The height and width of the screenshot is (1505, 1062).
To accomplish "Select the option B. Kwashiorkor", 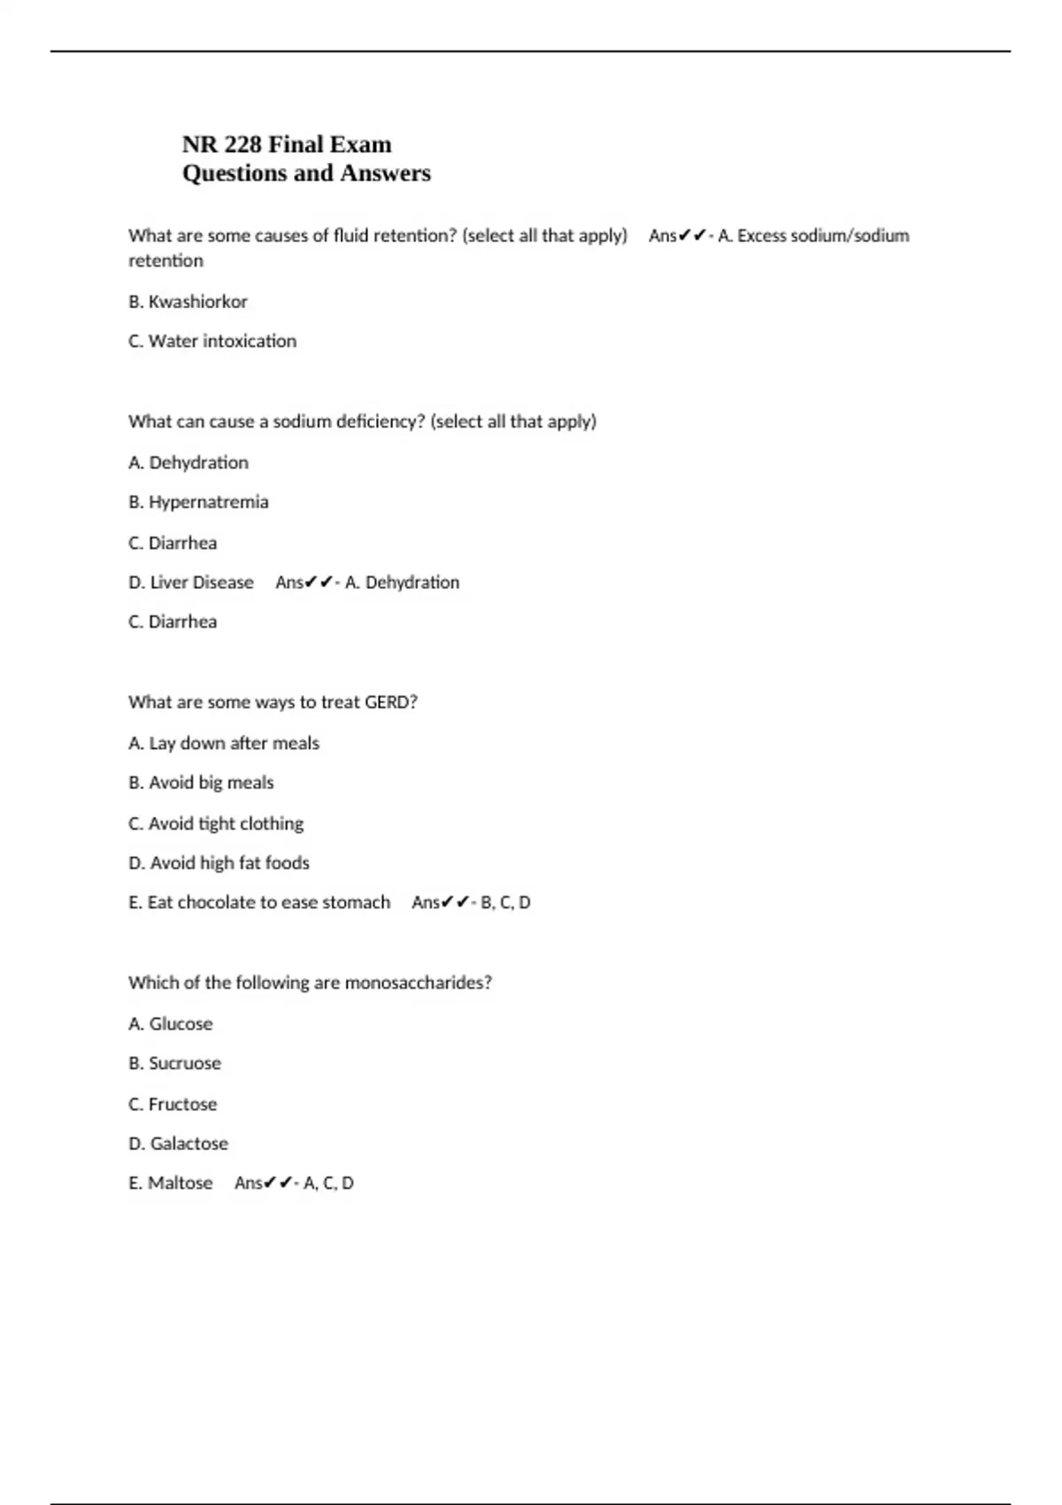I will click(188, 302).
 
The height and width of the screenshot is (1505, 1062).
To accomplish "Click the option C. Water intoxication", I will click(212, 341).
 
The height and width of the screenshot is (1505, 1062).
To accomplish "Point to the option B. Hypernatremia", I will click(198, 502).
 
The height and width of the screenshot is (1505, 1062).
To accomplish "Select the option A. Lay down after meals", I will click(224, 743).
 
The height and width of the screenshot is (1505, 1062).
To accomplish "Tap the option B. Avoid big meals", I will click(201, 783).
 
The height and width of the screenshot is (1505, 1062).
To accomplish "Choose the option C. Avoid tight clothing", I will click(216, 823).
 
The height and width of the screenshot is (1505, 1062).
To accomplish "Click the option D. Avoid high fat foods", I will click(219, 862).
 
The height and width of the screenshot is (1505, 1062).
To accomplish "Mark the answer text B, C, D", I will click(505, 902).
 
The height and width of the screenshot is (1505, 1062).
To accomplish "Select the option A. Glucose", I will click(171, 1023).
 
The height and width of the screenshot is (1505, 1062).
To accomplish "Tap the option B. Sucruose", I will click(174, 1063).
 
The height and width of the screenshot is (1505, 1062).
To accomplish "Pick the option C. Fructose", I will click(173, 1104).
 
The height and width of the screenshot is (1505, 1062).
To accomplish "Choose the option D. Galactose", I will click(178, 1144).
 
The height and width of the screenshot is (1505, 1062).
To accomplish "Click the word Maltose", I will click(181, 1183).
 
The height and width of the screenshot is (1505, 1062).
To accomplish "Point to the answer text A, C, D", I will click(328, 1183).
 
